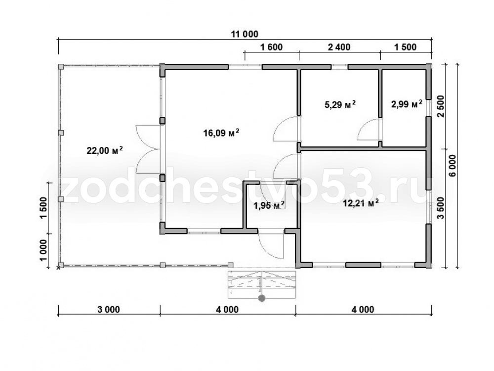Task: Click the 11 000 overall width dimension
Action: point(245,34)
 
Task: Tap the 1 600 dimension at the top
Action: point(272,47)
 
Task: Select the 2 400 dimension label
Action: point(339,47)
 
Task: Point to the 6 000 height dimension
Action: point(453,166)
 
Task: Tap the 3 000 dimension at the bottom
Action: point(109,310)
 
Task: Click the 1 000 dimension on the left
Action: point(43,251)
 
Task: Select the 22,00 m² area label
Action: point(105,150)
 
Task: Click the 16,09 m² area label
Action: point(221,133)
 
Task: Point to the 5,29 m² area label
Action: point(340,104)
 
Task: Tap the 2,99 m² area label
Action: point(407,104)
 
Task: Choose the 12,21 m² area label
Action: point(361,203)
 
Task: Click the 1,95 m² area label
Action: point(269,206)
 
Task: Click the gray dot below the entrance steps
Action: point(261,298)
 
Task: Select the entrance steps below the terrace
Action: point(262,284)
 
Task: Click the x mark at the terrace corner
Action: point(58,268)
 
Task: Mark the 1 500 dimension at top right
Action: point(405,47)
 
